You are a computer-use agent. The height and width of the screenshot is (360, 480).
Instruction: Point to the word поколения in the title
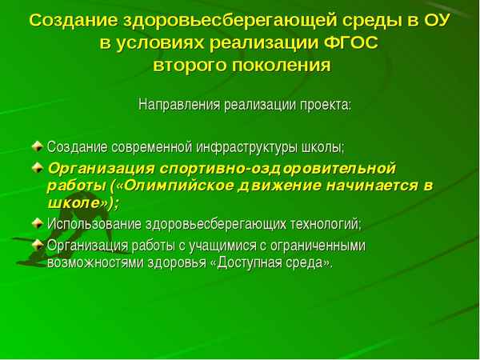pyautogui.click(x=283, y=65)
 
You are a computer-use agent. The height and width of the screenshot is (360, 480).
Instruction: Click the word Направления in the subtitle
pyautogui.click(x=175, y=105)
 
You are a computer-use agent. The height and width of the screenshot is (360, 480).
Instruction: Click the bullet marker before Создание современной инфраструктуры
pyautogui.click(x=38, y=147)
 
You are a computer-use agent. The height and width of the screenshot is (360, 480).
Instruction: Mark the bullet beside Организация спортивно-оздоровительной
pyautogui.click(x=38, y=168)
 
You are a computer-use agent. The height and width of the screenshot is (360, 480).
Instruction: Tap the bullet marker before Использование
pyautogui.click(x=38, y=222)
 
